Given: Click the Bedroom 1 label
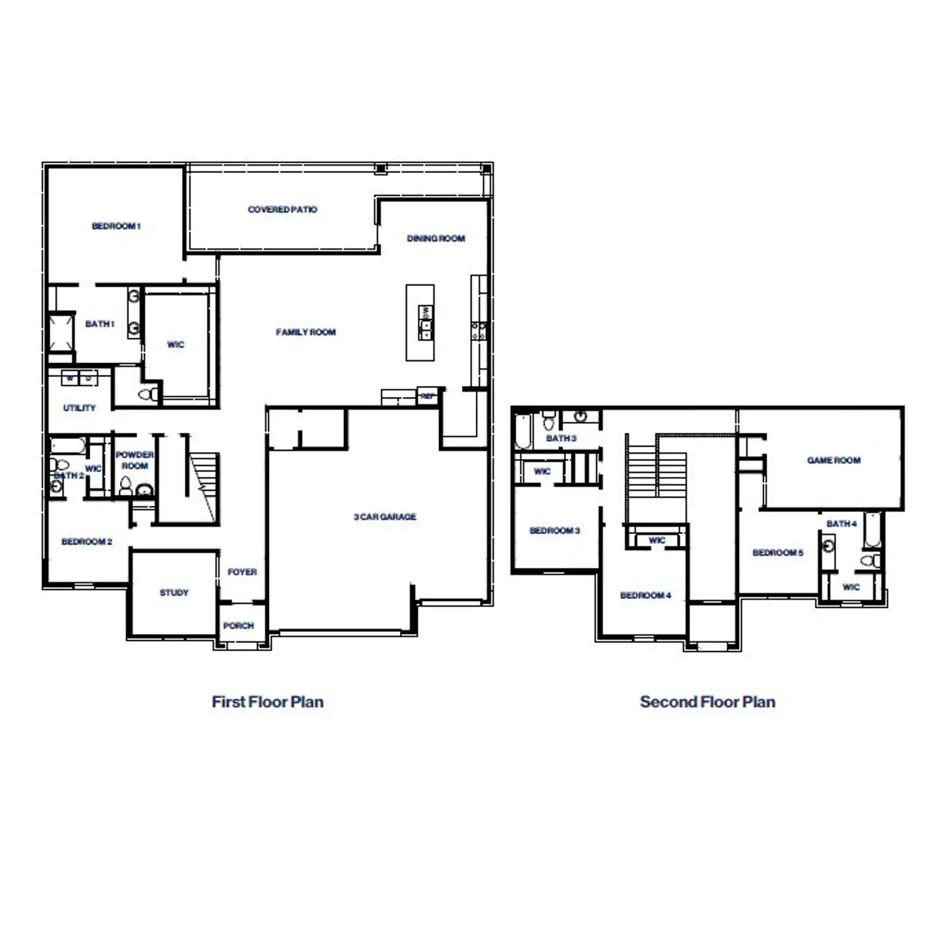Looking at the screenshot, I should pyautogui.click(x=116, y=226).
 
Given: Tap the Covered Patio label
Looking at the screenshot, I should pyautogui.click(x=282, y=210).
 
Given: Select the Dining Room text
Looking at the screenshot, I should pyautogui.click(x=436, y=239).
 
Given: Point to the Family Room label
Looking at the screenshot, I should pyautogui.click(x=306, y=332).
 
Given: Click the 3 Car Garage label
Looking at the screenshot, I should pyautogui.click(x=385, y=517).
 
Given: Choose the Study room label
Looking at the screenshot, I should pyautogui.click(x=174, y=592).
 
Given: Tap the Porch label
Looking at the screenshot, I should pyautogui.click(x=238, y=626).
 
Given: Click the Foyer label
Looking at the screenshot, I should pyautogui.click(x=242, y=572).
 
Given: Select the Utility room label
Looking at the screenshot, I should pyautogui.click(x=80, y=408).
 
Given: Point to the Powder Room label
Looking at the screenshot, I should pyautogui.click(x=134, y=460).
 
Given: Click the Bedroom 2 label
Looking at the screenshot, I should pyautogui.click(x=87, y=542).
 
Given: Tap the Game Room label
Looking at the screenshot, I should pyautogui.click(x=834, y=460).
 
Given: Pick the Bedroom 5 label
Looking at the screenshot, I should pyautogui.click(x=778, y=553).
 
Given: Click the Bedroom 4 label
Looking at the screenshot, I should pyautogui.click(x=645, y=595).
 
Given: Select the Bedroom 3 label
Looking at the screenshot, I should pyautogui.click(x=555, y=531).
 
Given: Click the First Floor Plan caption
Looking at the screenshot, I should pyautogui.click(x=267, y=702).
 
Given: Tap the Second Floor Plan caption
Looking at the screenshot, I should pyautogui.click(x=707, y=702).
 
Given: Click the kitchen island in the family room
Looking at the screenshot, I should pyautogui.click(x=420, y=323).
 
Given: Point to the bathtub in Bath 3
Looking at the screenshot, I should pyautogui.click(x=523, y=431).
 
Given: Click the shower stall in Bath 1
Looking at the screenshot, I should pyautogui.click(x=61, y=334).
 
